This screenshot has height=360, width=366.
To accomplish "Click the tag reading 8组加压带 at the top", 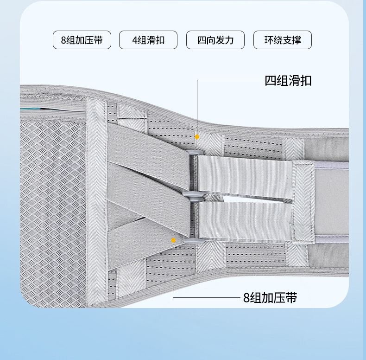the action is pos(82,40).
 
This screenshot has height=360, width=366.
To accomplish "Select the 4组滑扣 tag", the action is pos(148,40).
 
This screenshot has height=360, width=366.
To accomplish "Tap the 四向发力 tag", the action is pos(215,40).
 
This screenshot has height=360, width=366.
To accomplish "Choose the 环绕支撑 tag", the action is pos(283,40).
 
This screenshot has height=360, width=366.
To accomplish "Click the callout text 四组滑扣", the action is pos(288,81).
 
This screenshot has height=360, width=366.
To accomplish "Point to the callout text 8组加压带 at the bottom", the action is pos(270,297).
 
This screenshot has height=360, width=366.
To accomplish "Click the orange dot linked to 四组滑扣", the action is pos(197,137).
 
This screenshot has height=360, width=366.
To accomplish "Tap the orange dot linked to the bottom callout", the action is pos(173,240).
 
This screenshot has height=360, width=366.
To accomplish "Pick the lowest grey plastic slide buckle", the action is pos(191,240).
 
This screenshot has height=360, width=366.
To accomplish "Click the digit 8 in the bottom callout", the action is pos(246,298).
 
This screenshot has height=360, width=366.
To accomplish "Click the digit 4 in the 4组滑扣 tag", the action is pos(134,40).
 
